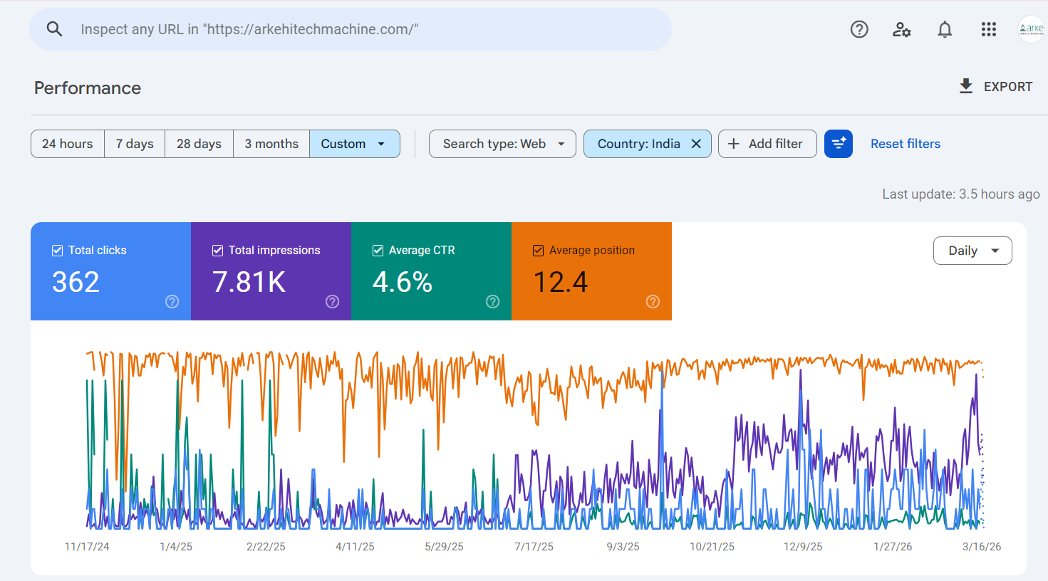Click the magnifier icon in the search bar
(54, 29)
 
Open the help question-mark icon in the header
(859, 29)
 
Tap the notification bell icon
(945, 29)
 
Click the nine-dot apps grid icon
(988, 29)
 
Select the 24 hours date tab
(68, 144)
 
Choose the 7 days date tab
(135, 144)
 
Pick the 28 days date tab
(199, 144)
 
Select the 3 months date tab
(271, 144)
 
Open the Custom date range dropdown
(354, 144)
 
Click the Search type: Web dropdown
(502, 144)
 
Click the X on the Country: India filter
(696, 144)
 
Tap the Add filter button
(767, 144)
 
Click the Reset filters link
(905, 144)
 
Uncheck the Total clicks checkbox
(58, 251)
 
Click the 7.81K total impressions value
(249, 282)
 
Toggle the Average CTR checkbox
(378, 251)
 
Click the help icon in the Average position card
(653, 302)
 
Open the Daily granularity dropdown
(972, 251)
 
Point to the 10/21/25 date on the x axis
(712, 547)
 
